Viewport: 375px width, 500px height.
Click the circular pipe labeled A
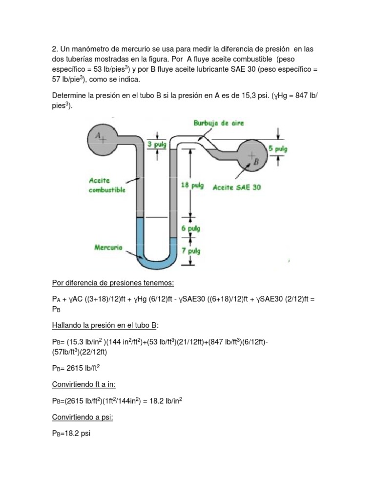101,137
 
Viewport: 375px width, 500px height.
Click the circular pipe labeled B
253,157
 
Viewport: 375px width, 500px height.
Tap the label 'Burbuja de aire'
218,124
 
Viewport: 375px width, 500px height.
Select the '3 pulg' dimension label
157,144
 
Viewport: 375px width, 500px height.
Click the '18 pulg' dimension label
191,186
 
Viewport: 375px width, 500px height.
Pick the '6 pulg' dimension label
190,228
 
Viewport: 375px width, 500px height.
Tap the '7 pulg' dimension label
190,251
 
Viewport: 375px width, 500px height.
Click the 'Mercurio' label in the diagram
108,248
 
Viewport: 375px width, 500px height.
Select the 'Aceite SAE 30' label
237,187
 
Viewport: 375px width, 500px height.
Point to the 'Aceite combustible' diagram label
107,185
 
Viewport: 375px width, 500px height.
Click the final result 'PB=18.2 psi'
71,433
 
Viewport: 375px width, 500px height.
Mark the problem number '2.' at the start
55,49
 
